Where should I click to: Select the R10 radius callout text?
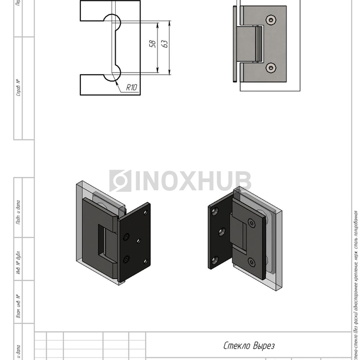tap(132, 88)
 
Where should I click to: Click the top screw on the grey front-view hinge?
tap(271, 20)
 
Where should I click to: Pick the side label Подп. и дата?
tap(19, 212)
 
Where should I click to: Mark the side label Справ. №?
tap(19, 88)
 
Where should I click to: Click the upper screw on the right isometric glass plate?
tap(251, 223)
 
